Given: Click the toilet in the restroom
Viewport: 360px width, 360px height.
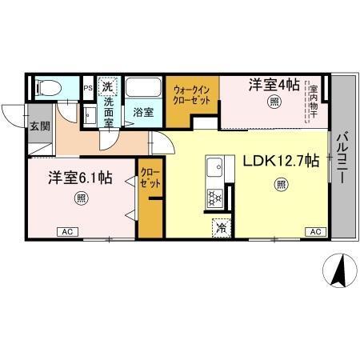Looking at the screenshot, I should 47,86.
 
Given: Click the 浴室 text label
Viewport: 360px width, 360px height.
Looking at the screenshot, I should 143,113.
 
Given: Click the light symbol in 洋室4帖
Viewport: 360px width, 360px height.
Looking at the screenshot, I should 274,101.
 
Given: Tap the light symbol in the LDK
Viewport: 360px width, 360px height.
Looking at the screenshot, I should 281,185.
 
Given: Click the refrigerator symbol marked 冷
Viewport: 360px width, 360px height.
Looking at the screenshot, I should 221,227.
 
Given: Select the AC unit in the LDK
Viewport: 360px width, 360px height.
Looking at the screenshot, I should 315,231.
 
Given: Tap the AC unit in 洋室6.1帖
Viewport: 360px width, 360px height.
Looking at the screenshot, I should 68,231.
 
